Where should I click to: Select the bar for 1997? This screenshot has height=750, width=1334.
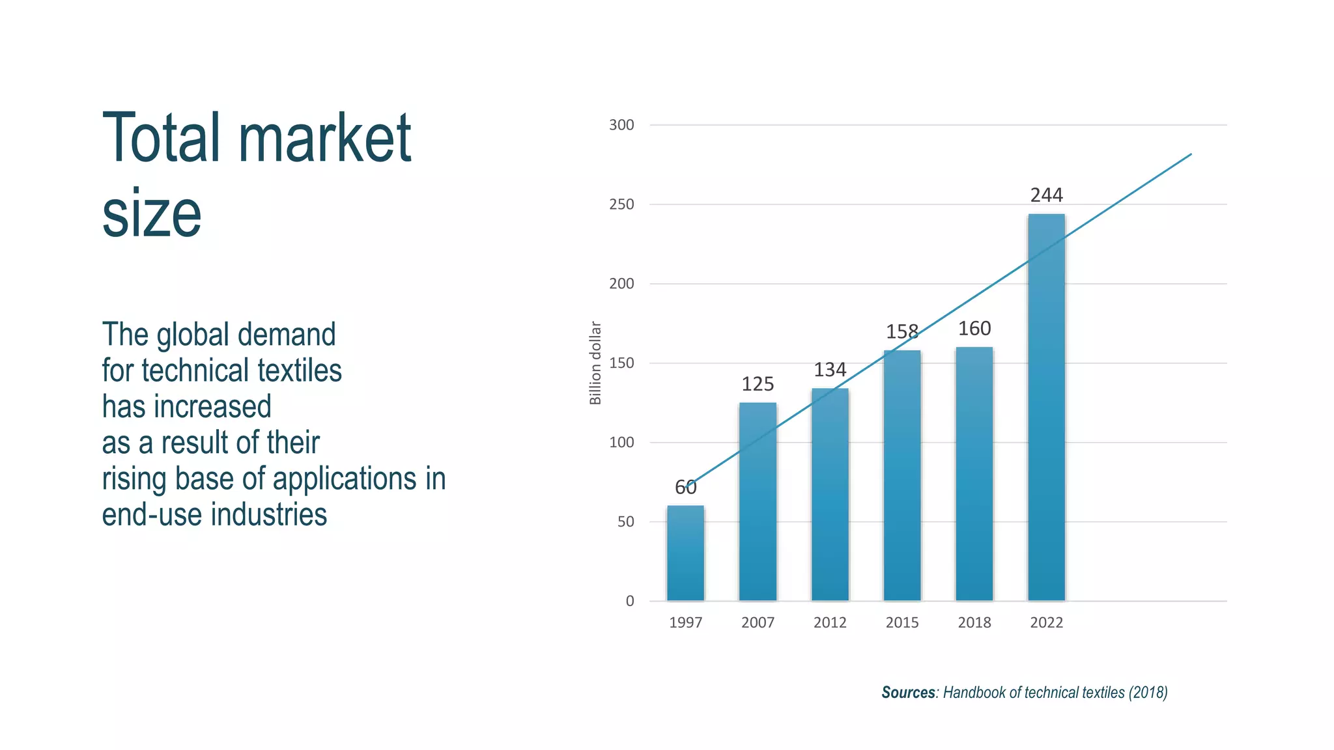(x=685, y=553)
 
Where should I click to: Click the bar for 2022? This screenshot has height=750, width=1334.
(x=1046, y=408)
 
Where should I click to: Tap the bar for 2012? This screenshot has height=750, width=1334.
(x=830, y=495)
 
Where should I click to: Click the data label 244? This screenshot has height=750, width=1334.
(x=1046, y=195)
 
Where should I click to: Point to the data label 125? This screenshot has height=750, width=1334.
(x=758, y=384)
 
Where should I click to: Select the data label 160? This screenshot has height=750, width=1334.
(x=974, y=329)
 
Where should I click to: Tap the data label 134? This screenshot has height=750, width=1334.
(x=830, y=370)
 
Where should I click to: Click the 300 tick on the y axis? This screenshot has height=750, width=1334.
(x=621, y=125)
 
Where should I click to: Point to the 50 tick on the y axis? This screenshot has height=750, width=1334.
(x=625, y=522)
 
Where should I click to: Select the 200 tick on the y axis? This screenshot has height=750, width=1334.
(x=621, y=284)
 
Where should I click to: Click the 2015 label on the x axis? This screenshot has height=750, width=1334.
(x=902, y=622)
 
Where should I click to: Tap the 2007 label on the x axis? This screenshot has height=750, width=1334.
(x=758, y=622)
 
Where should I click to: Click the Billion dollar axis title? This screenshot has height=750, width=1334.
(x=595, y=363)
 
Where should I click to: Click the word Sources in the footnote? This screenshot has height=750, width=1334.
(x=908, y=693)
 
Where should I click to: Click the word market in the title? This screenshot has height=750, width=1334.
(x=324, y=138)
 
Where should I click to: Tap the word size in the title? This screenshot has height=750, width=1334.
(x=152, y=214)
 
